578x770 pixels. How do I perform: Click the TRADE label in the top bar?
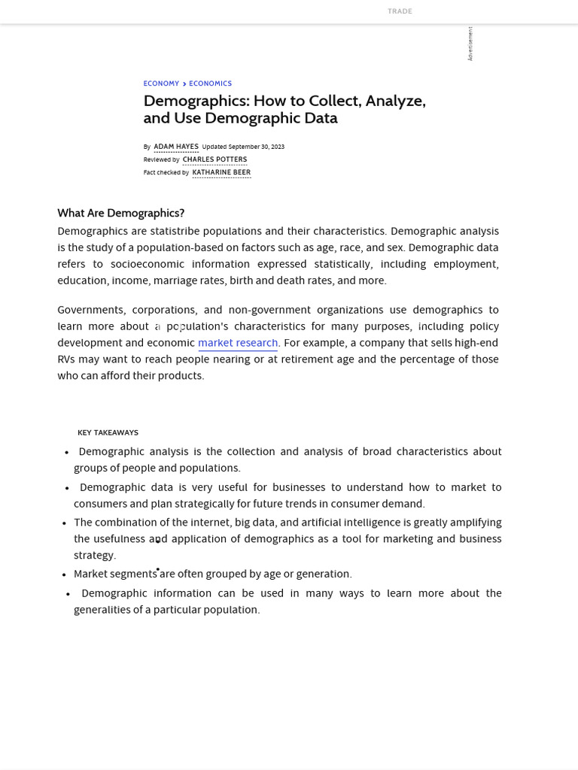click(400, 11)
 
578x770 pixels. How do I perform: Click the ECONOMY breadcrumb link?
click(161, 84)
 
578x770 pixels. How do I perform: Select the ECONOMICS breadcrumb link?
click(210, 84)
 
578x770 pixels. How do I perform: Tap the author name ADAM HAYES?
click(176, 147)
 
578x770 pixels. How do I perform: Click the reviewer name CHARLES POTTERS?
click(214, 160)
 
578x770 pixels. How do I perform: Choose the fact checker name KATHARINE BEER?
click(221, 173)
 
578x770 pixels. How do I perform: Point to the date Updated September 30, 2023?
click(243, 147)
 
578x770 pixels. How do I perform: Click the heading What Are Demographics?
click(120, 214)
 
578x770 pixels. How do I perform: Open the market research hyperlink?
click(238, 344)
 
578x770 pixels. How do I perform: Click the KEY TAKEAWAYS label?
click(108, 433)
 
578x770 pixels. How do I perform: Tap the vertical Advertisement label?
click(470, 44)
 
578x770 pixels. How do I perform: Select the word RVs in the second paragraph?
click(66, 360)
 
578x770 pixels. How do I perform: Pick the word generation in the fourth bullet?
click(325, 574)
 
